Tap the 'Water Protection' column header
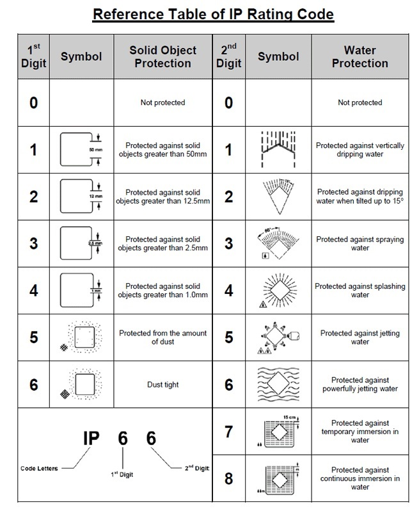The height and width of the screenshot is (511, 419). pos(360,56)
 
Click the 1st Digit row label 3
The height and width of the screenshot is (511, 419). pos(33,243)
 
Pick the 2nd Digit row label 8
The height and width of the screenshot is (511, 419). pos(229,478)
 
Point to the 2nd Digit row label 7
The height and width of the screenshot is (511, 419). pos(229,431)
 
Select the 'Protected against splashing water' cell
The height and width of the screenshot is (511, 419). pos(360,291)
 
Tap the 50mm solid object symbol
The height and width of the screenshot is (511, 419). pos(81,149)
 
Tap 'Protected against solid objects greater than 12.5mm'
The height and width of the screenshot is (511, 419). pos(162,197)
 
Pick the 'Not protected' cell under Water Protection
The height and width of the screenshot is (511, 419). pos(360,102)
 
